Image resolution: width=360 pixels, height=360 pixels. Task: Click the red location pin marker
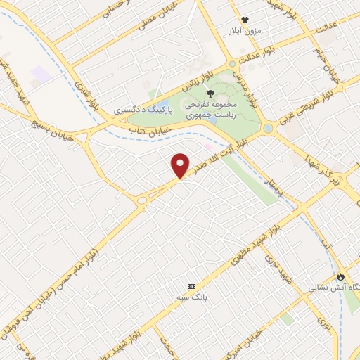(181, 165)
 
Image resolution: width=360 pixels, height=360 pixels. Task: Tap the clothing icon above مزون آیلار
(245, 20)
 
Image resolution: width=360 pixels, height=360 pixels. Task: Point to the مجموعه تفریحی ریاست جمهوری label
(209, 109)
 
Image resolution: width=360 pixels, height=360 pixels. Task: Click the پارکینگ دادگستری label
(141, 111)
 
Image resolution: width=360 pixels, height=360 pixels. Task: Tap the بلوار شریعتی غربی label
(303, 106)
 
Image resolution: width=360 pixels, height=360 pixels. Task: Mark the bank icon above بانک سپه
(192, 286)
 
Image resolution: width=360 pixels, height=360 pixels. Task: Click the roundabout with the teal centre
(268, 128)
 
